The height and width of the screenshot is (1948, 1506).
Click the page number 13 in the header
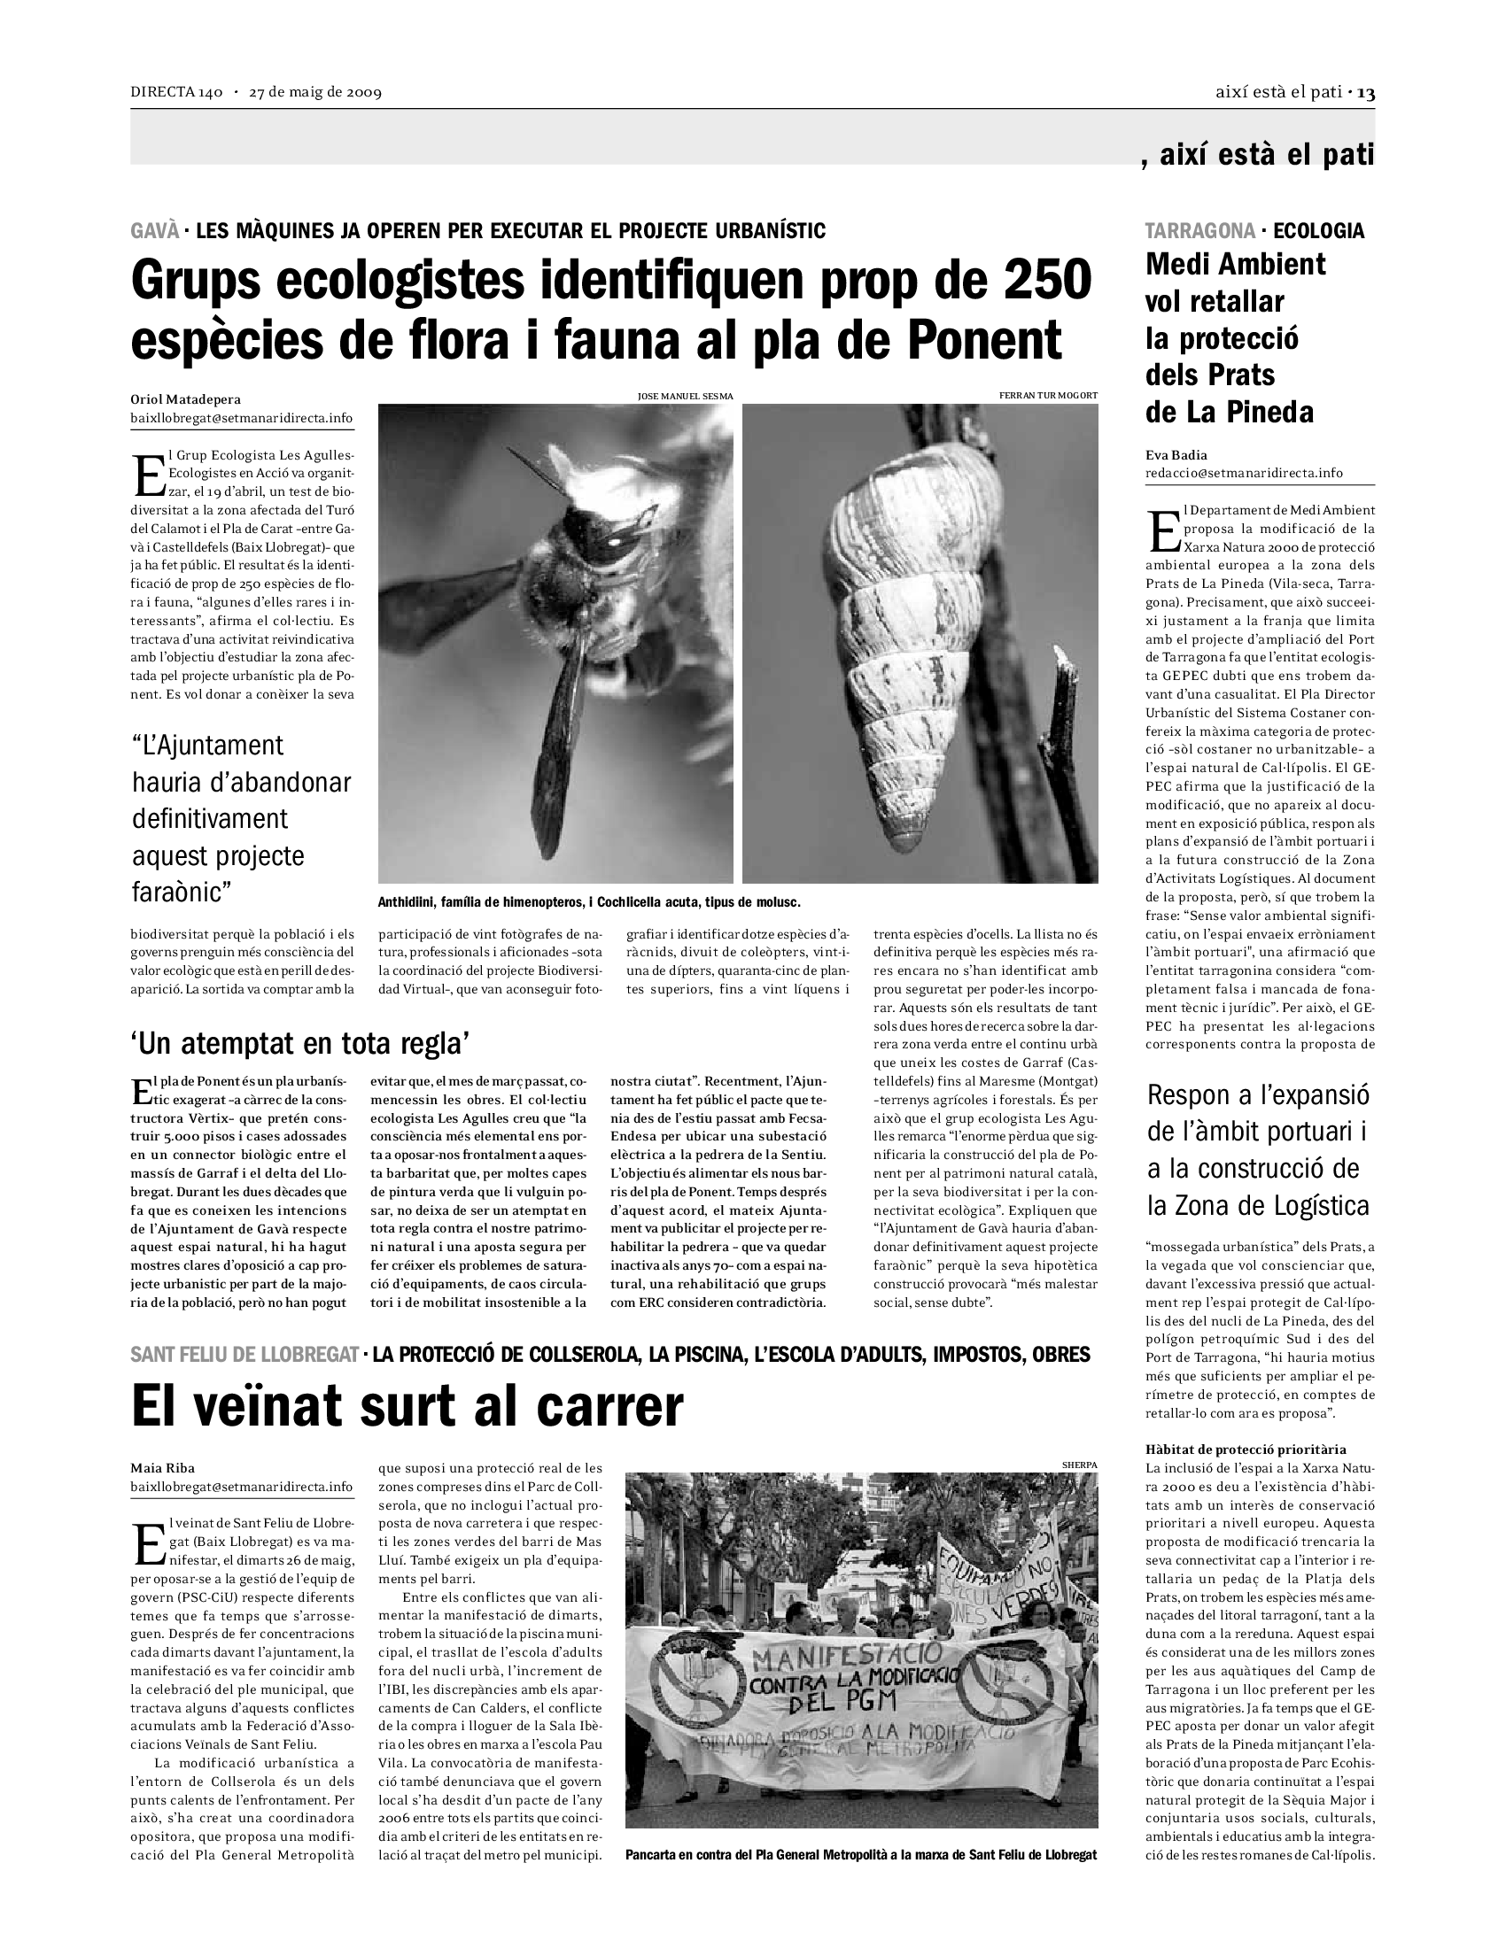(x=1366, y=93)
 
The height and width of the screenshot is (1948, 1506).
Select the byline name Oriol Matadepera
(x=185, y=399)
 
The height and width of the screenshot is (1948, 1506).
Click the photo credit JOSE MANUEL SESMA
(x=685, y=395)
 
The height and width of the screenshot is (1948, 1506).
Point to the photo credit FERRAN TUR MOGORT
(x=1048, y=395)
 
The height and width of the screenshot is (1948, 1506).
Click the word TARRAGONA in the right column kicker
(x=1200, y=231)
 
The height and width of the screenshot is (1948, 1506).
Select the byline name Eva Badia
(x=1176, y=455)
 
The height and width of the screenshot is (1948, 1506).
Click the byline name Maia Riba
(x=162, y=1468)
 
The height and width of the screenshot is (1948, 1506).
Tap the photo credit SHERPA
(x=1080, y=1465)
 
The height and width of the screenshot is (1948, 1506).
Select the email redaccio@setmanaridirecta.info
(x=1244, y=473)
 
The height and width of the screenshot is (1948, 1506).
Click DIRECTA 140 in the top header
(x=175, y=93)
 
